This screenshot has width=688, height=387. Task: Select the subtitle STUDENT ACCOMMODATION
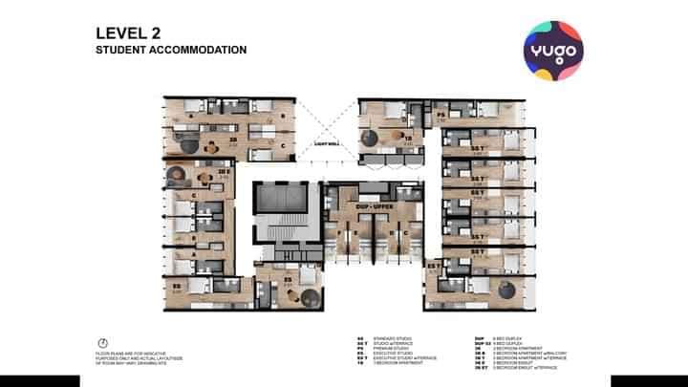pyautogui.click(x=171, y=50)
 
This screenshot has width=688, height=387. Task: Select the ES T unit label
pyautogui.click(x=433, y=265)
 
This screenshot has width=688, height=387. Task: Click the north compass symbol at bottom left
pyautogui.click(x=101, y=342)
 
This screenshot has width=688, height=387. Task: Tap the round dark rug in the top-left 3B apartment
pyautogui.click(x=188, y=145)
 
